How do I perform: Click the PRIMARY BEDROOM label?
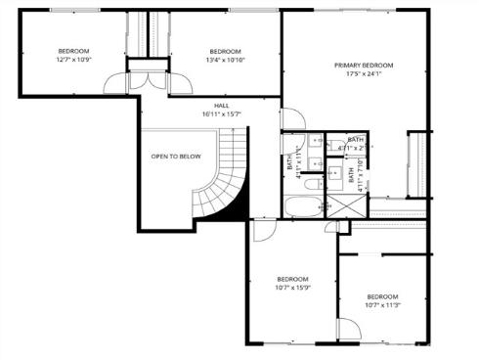(x=362, y=66)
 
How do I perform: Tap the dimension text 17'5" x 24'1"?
(x=362, y=75)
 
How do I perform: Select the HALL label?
(x=222, y=105)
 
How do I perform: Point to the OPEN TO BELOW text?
(x=176, y=157)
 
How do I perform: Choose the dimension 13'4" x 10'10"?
(x=226, y=61)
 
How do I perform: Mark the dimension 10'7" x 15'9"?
(x=292, y=288)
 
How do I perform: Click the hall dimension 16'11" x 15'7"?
(x=222, y=114)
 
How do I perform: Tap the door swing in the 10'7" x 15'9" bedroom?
(x=262, y=231)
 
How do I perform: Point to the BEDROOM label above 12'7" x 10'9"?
(x=73, y=51)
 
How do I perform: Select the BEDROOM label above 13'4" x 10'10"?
(x=226, y=51)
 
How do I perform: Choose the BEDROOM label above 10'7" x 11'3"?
(x=382, y=296)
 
